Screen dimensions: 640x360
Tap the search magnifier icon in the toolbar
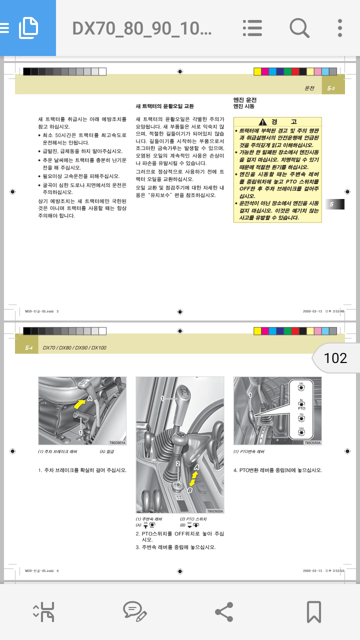point(299,28)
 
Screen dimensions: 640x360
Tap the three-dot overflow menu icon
point(339,28)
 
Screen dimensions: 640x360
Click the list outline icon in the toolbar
point(252,28)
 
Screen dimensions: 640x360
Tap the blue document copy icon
point(28,28)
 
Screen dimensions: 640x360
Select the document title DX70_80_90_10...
point(142,28)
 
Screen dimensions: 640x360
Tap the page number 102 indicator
point(335,358)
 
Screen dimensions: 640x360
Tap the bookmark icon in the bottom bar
point(313,611)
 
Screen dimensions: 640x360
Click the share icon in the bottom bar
point(223,611)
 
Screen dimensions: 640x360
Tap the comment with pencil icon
point(134,611)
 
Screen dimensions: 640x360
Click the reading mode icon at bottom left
point(44,611)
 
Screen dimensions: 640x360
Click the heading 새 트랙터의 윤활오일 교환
point(164,106)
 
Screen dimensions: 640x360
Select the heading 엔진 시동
point(244,106)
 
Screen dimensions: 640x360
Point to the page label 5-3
point(330,88)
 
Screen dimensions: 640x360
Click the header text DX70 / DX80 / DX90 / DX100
point(74,347)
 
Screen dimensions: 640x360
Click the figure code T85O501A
point(117,442)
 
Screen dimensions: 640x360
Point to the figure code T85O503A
point(312,442)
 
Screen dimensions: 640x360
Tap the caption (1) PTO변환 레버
point(249,452)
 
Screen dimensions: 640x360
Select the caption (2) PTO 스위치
point(193,519)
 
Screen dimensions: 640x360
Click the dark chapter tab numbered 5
point(332,204)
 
